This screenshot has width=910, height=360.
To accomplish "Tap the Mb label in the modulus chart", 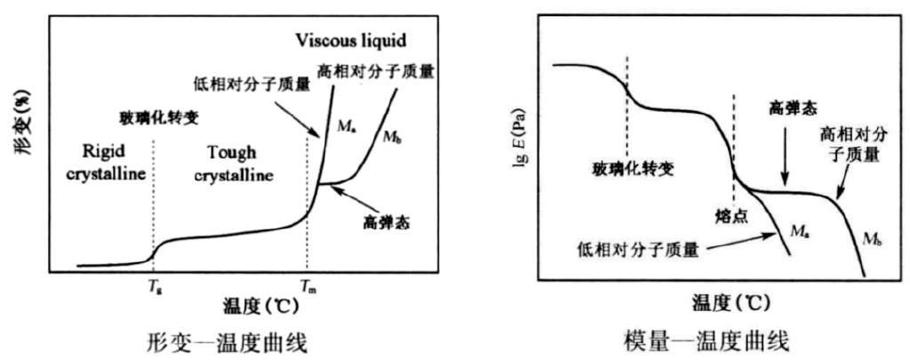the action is tap(871, 238).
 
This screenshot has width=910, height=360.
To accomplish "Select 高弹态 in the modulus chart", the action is tap(784, 109).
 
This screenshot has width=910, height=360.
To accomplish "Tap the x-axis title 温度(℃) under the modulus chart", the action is tap(732, 302).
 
